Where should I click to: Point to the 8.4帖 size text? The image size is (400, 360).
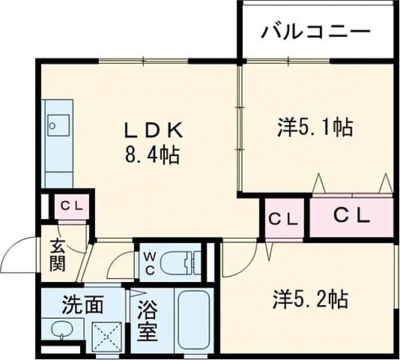click(x=153, y=156)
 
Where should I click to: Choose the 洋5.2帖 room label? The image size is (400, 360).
click(x=309, y=299)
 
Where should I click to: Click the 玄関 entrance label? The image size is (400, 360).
click(x=58, y=254)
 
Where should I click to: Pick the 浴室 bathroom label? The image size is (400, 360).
click(x=147, y=320)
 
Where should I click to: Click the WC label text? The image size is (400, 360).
click(x=149, y=262)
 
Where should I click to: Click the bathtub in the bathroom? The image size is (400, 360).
click(x=196, y=319)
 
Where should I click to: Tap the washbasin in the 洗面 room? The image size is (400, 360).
click(x=59, y=331)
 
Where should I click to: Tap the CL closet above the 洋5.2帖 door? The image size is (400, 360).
click(x=282, y=219)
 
